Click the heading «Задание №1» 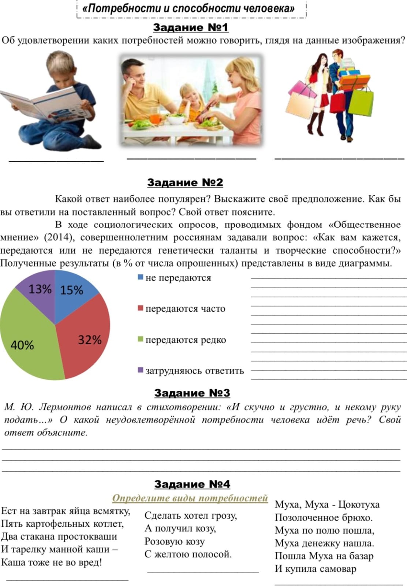tap(190, 27)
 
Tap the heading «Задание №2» tap(185, 182)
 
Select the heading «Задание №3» tap(192, 393)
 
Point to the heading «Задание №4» tap(192, 484)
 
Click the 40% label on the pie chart tap(22, 345)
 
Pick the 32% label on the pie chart tap(90, 340)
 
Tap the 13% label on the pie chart tap(40, 289)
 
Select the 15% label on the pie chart tap(72, 290)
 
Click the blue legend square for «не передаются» tap(140, 277)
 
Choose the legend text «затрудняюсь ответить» tap(194, 371)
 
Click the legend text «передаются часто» tap(185, 309)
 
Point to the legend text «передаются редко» tap(186, 340)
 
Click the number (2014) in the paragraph tap(59, 238)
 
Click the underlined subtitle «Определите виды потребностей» tap(190, 498)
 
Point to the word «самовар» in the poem tap(337, 569)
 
